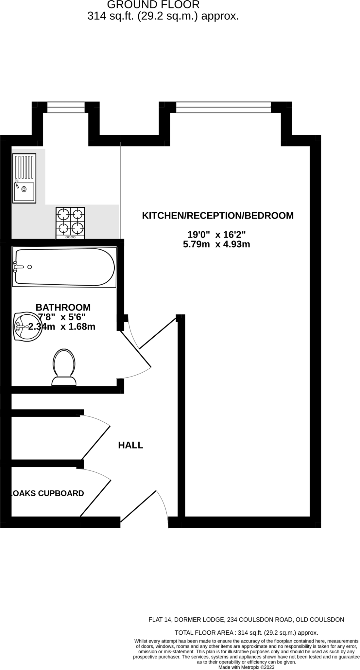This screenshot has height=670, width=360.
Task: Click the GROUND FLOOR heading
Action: [x=153, y=5]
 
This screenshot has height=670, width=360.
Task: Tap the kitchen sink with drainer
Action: [x=24, y=178]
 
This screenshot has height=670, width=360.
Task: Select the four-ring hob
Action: [x=70, y=222]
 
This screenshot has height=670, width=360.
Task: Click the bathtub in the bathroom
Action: [x=64, y=267]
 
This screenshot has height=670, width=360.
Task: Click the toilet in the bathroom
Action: [x=64, y=367]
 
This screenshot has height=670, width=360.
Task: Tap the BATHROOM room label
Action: [x=63, y=308]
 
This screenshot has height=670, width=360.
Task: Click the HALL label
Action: [x=130, y=445]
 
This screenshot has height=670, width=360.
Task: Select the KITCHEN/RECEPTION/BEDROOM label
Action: [x=217, y=216]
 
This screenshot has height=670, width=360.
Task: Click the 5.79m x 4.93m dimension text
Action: [x=216, y=244]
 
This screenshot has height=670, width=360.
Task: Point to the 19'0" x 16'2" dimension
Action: [x=216, y=235]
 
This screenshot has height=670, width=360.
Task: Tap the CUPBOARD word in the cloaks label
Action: [x=61, y=493]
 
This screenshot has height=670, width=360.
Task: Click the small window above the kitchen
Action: [x=66, y=107]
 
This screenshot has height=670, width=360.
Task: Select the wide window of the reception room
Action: [x=223, y=107]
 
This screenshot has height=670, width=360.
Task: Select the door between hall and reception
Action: [x=158, y=333]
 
